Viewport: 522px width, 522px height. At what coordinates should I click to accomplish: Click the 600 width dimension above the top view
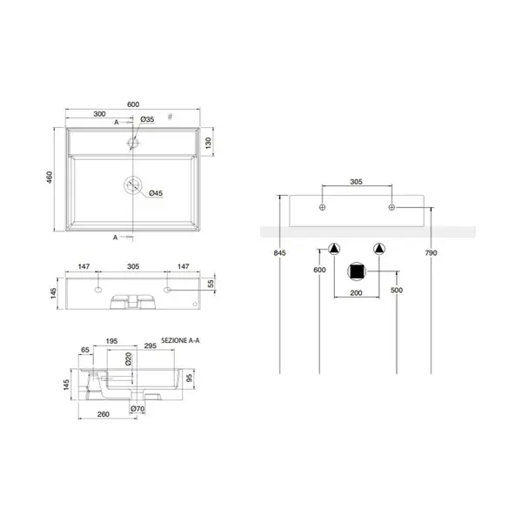pyautogui.click(x=133, y=104)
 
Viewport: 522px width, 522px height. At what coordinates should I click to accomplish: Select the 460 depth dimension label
pyautogui.click(x=50, y=177)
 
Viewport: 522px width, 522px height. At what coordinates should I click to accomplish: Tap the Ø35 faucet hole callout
pyautogui.click(x=147, y=119)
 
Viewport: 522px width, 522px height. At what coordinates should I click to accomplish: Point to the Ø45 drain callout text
pyautogui.click(x=156, y=193)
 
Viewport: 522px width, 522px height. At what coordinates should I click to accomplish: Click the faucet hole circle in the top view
pyautogui.click(x=133, y=144)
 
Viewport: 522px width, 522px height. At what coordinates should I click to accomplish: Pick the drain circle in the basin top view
pyautogui.click(x=133, y=185)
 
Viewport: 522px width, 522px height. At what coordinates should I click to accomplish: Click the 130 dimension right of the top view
pyautogui.click(x=209, y=143)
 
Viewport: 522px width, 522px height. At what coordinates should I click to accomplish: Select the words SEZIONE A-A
pyautogui.click(x=180, y=340)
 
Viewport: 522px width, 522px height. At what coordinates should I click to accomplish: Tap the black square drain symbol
pyautogui.click(x=357, y=271)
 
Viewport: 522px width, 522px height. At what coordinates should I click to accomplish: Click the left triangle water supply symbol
pyautogui.click(x=334, y=249)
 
